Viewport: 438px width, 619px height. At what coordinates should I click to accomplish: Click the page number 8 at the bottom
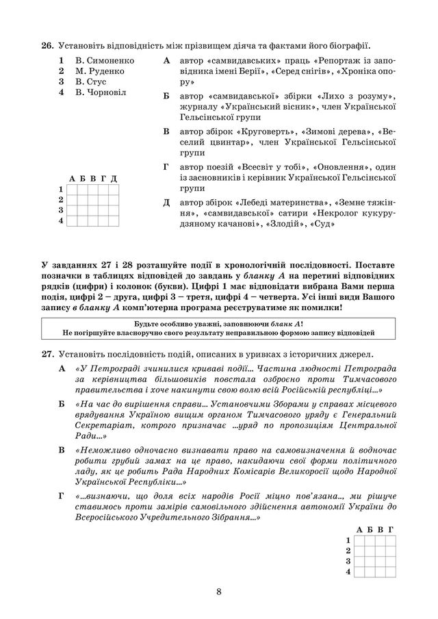coord(218,592)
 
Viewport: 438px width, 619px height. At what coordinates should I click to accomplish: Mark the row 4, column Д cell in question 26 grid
coord(113,220)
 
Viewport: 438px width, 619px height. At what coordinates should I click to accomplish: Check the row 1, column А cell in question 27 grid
coord(359,540)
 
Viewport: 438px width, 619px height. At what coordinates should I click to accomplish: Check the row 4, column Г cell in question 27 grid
coord(390,570)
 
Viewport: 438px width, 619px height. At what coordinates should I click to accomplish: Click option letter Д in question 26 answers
coord(167,203)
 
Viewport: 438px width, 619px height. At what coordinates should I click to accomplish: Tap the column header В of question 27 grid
coord(380,529)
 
